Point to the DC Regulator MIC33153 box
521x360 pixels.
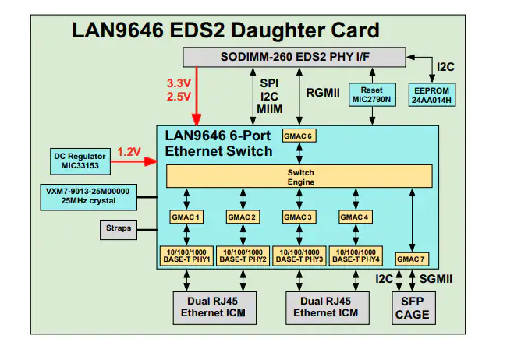click(x=80, y=161)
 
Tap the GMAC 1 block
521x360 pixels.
click(x=187, y=216)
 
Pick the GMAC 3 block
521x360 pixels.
click(x=299, y=216)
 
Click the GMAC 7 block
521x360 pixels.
click(x=411, y=258)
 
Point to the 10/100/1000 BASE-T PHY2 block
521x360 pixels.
click(x=243, y=255)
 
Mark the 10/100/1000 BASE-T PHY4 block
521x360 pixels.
click(x=356, y=255)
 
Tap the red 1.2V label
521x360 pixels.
click(x=130, y=151)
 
